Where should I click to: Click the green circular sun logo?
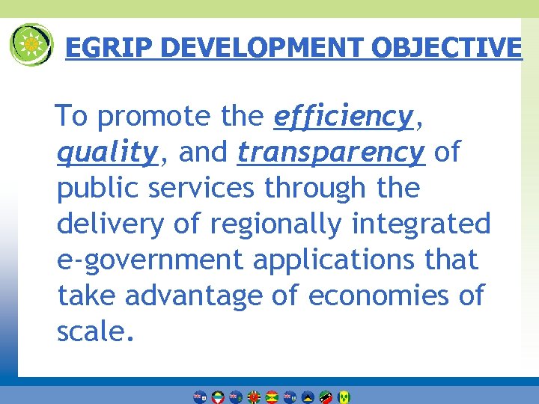[x=31, y=45]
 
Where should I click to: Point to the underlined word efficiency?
[x=344, y=117]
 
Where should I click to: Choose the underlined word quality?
[x=107, y=153]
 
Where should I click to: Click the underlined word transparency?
[x=331, y=153]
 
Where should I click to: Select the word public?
[x=99, y=189]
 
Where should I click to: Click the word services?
[x=201, y=189]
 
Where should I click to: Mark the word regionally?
[x=288, y=224]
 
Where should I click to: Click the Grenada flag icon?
[x=272, y=397]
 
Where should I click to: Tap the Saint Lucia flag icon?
[x=308, y=397]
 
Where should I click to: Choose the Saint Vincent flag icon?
[x=344, y=397]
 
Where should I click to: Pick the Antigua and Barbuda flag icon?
[x=218, y=397]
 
